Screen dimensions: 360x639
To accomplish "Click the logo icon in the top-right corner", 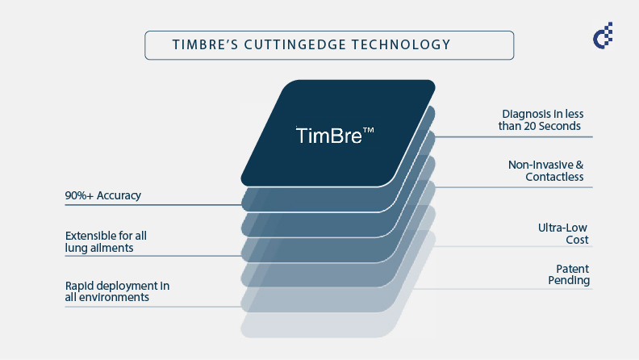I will point(602,36).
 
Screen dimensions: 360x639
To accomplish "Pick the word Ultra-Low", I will point(563,228).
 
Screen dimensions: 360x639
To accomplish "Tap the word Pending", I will point(570,281).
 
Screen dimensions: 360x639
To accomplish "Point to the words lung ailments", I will point(99,248).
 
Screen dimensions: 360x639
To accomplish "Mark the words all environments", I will point(107,298).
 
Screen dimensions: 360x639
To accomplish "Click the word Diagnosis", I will point(526,114).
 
